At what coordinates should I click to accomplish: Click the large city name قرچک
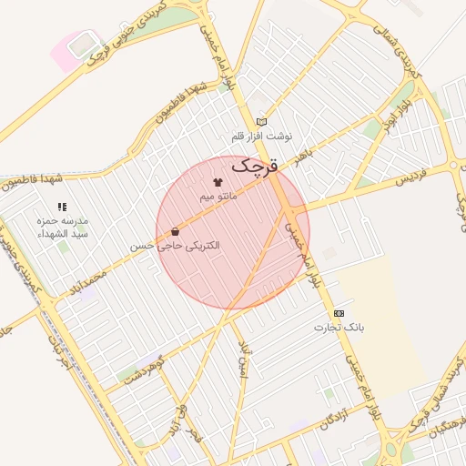point(253,166)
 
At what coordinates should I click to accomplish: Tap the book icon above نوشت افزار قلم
point(262,121)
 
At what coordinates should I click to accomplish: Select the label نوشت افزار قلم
point(261,136)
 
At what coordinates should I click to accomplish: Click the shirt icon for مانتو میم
point(218,182)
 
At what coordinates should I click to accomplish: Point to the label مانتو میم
point(218,196)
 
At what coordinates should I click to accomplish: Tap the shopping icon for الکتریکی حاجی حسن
point(175,232)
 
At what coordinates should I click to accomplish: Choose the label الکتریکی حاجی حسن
point(175,246)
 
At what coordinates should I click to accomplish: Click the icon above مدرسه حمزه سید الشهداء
point(62,208)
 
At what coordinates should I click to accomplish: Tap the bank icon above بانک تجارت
point(339,312)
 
